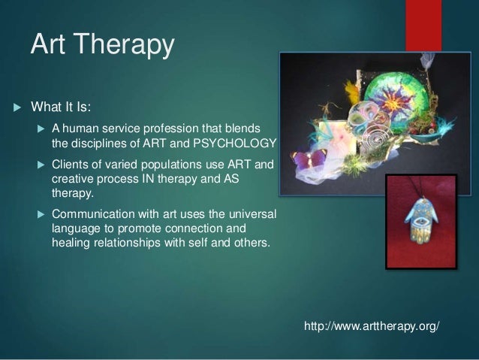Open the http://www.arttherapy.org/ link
point(371,328)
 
